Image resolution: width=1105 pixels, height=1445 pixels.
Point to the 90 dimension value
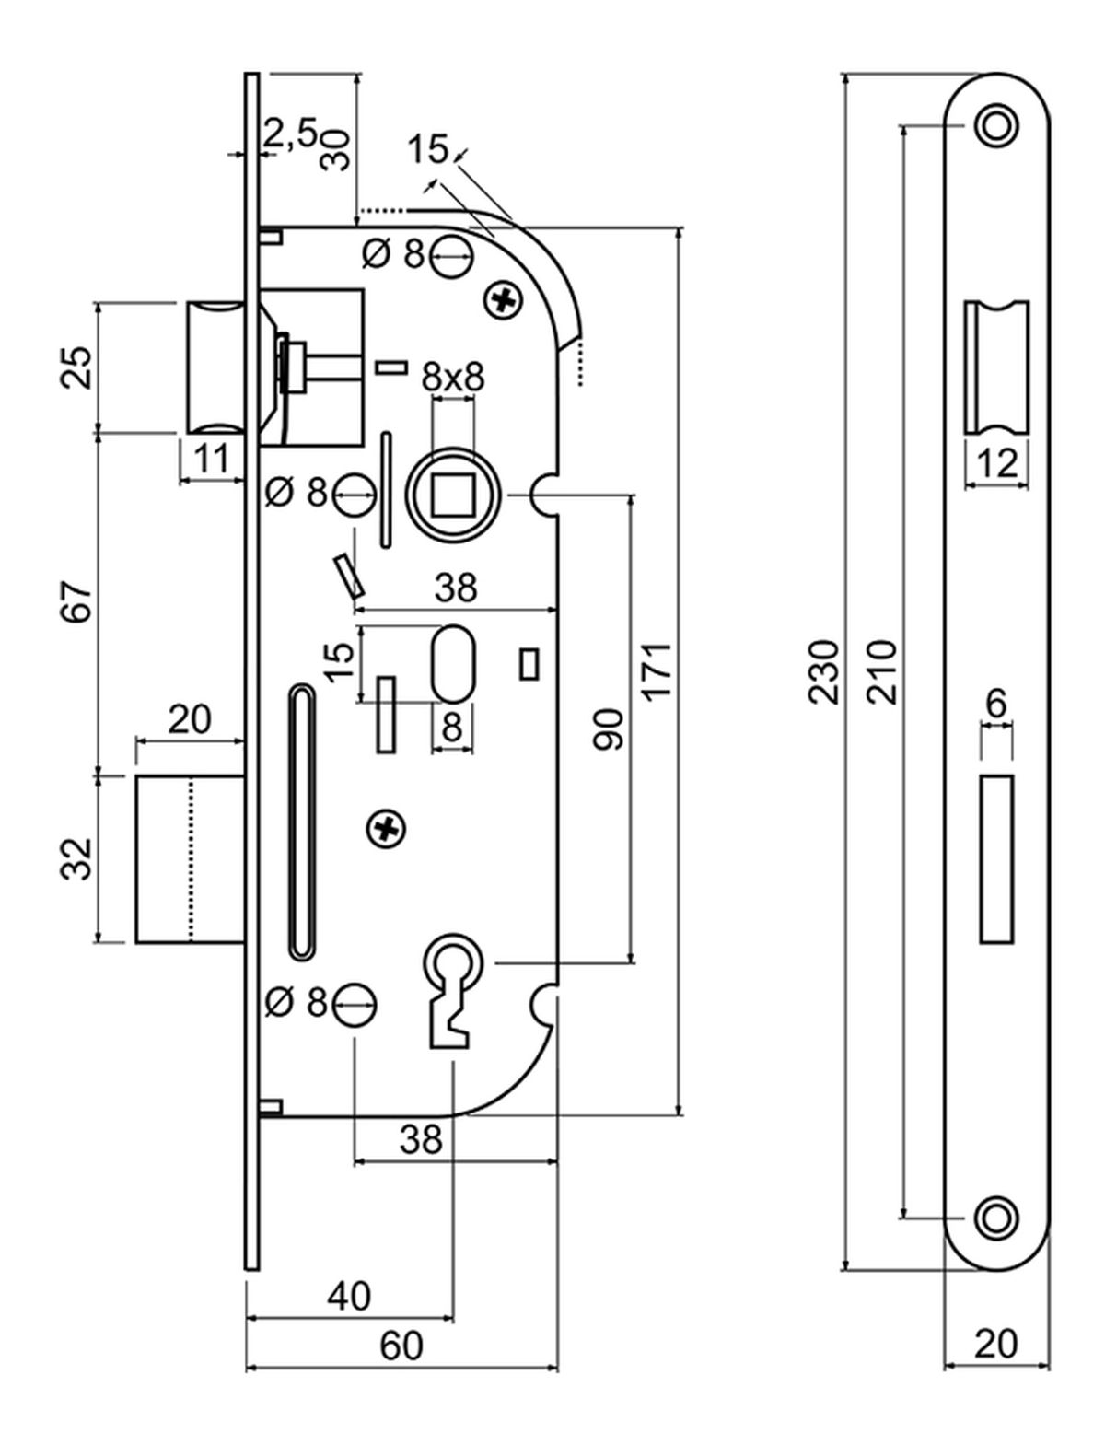(609, 728)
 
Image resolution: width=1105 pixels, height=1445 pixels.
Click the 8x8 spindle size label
(452, 377)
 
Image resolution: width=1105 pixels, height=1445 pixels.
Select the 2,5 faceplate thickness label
(290, 134)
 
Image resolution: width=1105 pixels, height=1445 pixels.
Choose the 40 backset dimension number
(350, 1297)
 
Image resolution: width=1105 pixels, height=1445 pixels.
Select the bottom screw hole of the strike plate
(995, 1218)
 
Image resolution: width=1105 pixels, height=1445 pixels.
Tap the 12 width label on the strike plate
(996, 463)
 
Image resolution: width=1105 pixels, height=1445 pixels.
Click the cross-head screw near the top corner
(503, 299)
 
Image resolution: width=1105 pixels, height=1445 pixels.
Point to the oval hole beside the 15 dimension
(451, 663)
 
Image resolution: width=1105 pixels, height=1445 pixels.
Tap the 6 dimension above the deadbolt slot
(995, 704)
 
